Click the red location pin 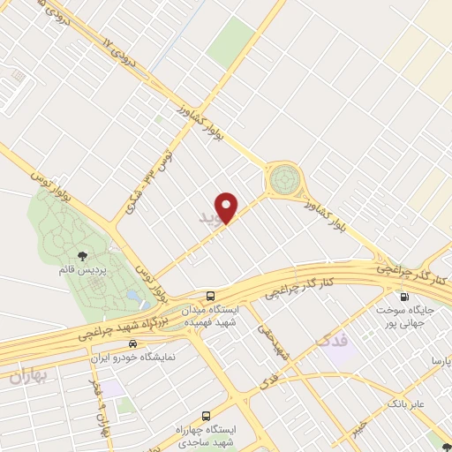click(x=228, y=207)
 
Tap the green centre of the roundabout click(x=284, y=179)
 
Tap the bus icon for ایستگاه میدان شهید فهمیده click(x=210, y=297)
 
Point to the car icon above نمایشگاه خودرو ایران click(x=132, y=344)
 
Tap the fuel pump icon click(x=405, y=297)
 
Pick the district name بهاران click(x=32, y=376)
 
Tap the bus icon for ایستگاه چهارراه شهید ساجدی click(x=207, y=415)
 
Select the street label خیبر click(x=358, y=428)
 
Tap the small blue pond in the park click(x=132, y=295)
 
